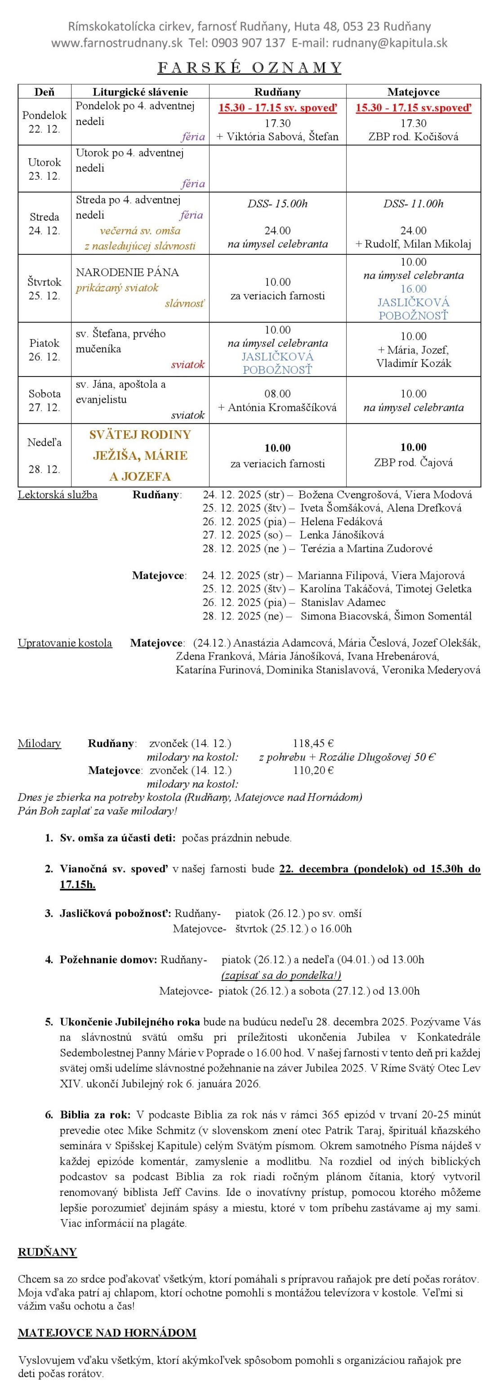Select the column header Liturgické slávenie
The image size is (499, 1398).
click(140, 92)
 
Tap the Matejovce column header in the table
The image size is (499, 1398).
click(413, 92)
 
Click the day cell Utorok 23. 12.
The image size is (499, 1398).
click(45, 169)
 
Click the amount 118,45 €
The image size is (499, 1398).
click(313, 743)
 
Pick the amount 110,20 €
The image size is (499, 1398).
click(313, 770)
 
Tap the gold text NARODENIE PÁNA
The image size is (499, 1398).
click(127, 272)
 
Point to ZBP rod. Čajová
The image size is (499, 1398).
click(413, 462)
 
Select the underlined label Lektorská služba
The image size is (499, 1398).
click(58, 495)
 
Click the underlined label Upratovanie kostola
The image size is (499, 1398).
click(65, 643)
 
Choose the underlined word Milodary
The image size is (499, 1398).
click(39, 743)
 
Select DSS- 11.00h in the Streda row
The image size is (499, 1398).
click(413, 204)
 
